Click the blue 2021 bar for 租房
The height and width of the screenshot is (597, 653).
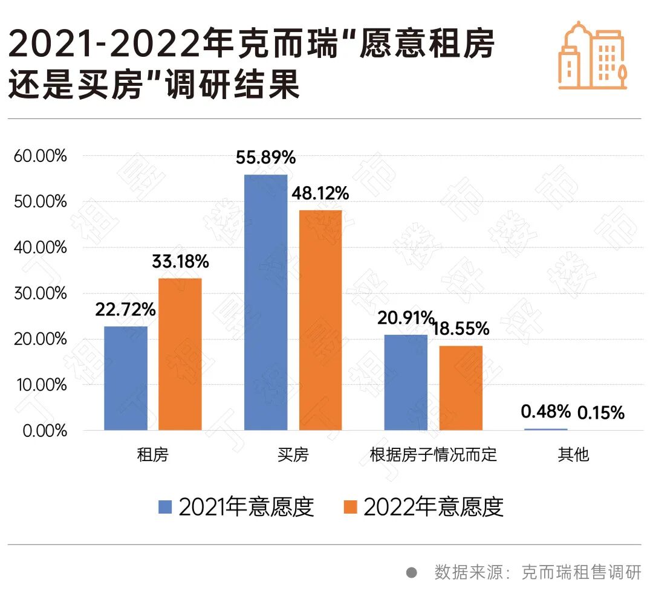click(126, 378)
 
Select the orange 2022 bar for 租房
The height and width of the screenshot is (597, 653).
click(180, 354)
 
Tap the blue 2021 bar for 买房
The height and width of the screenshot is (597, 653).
click(265, 302)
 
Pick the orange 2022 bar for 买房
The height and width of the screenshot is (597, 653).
click(320, 320)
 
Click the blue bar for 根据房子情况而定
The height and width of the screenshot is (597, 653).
click(406, 382)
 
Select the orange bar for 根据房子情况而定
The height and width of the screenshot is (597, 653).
click(461, 388)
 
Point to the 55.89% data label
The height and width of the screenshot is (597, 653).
click(266, 158)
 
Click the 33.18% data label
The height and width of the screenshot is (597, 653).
click(180, 262)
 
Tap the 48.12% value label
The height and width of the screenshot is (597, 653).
click(320, 194)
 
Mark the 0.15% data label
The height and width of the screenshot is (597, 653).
click(600, 413)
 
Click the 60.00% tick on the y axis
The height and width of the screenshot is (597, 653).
click(39, 156)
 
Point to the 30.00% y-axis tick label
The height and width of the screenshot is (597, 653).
click(39, 294)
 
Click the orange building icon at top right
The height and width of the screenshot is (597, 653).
click(592, 56)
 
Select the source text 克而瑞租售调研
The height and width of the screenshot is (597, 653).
click(580, 572)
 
